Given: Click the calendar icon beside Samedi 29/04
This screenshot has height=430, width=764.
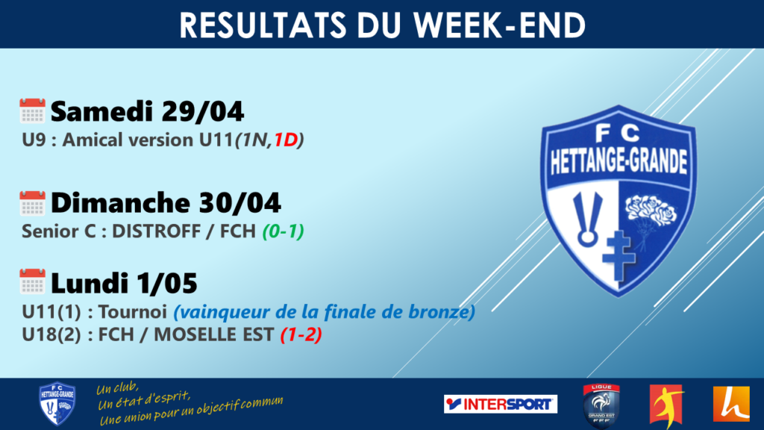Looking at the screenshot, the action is (32, 110).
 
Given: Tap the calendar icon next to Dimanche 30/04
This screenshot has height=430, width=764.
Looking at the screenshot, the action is (32, 203).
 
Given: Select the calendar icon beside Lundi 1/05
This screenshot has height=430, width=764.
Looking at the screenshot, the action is (32, 281).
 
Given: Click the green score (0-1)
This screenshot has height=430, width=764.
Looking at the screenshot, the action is (283, 231).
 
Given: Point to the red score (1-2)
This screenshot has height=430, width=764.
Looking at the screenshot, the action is (301, 334).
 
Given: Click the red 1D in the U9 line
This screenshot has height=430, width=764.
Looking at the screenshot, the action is (286, 140).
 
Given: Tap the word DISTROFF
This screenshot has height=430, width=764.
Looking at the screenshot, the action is (156, 231).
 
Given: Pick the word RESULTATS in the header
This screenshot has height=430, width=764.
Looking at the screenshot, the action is (263, 25).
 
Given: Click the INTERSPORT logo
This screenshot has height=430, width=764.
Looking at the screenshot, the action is (501, 404).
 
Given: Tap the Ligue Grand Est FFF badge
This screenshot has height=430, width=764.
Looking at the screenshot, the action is (602, 405).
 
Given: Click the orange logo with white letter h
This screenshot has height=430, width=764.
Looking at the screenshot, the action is (731, 404).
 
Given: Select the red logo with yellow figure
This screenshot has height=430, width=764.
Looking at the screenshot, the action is (666, 405).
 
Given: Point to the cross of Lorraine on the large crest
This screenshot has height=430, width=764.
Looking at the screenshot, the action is (619, 256).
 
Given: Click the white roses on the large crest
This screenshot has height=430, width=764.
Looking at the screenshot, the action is (651, 211).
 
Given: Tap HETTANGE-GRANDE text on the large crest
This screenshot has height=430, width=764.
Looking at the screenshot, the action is (619, 161).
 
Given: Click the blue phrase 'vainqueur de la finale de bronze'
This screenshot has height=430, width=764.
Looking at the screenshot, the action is (324, 312).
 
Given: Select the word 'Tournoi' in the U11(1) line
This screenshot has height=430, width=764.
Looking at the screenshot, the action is (133, 312).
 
